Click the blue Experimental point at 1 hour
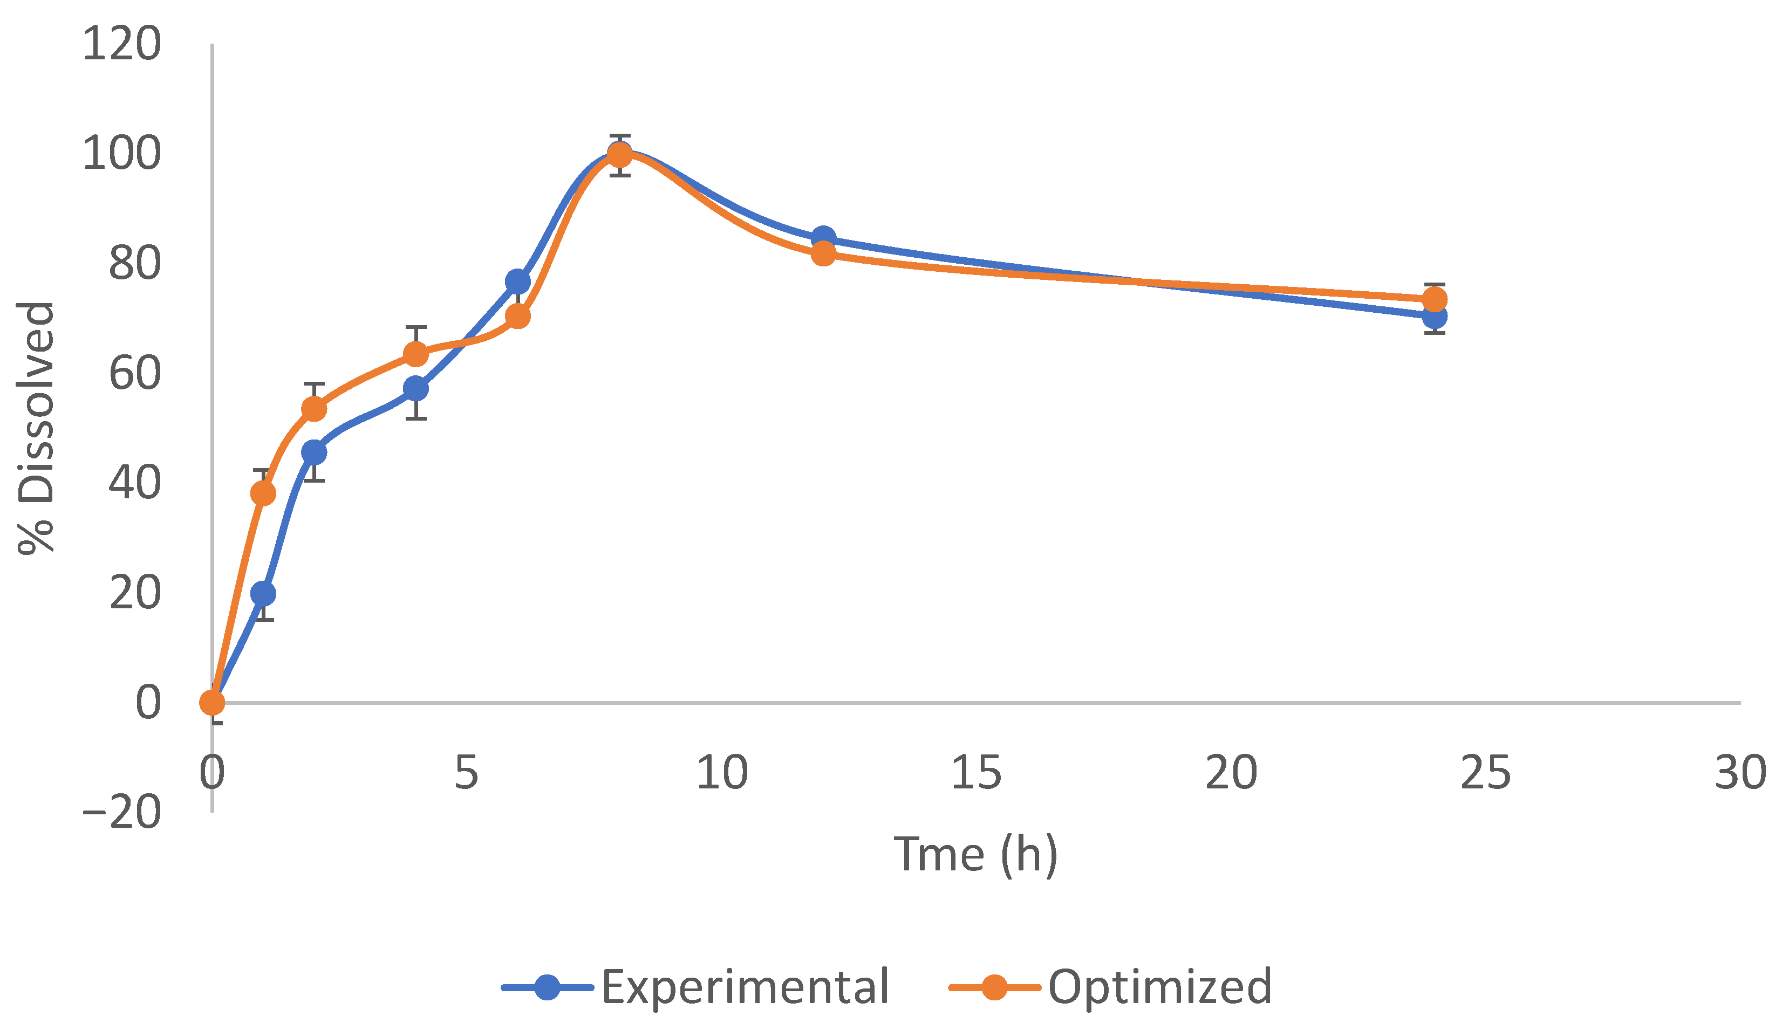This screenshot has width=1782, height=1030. click(263, 594)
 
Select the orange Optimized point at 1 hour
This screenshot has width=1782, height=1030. click(263, 493)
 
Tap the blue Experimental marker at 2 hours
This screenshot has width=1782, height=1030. click(314, 452)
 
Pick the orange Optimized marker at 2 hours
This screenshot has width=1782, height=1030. click(314, 409)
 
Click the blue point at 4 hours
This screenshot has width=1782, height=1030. click(416, 388)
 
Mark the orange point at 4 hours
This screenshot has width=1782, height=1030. click(416, 353)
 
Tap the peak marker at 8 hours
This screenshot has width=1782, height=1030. click(619, 154)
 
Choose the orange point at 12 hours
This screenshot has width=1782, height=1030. click(823, 253)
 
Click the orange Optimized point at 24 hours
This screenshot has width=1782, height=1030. click(1434, 300)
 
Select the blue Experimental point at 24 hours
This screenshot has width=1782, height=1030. click(1434, 317)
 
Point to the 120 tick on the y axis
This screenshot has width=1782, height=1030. click(121, 44)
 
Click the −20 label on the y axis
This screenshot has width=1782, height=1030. click(121, 812)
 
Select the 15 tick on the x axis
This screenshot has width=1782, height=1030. click(976, 773)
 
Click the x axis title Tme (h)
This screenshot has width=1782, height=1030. click(976, 855)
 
